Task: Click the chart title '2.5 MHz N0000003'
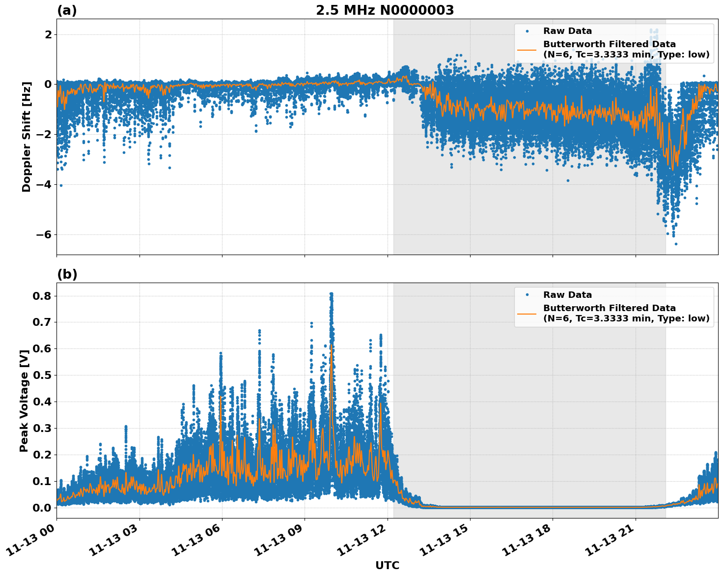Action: point(385,10)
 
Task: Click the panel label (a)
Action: point(67,10)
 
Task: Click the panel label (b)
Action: point(67,274)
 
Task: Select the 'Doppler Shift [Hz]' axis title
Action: point(27,137)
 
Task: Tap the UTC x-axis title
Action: point(387,565)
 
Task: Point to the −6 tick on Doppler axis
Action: point(44,234)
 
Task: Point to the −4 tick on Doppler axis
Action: point(44,184)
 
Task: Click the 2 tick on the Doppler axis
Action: point(48,34)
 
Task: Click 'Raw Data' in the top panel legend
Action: point(567,31)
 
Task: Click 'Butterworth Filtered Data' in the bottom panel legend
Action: point(609,308)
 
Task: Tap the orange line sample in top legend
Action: point(527,49)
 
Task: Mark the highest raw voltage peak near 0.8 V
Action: point(331,294)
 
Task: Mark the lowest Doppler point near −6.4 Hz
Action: point(676,244)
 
